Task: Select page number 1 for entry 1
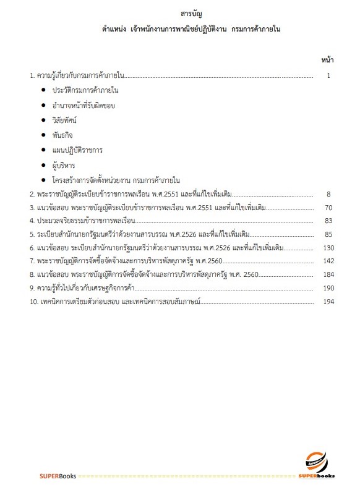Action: pos(329,75)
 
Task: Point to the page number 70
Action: pos(328,208)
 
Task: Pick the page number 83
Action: pos(328,221)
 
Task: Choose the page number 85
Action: pos(328,234)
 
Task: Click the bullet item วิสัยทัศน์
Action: pos(66,121)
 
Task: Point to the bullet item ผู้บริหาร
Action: pos(64,166)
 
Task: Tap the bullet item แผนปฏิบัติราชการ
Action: pos(77,150)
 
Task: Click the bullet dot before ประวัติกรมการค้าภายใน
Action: pos(43,91)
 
